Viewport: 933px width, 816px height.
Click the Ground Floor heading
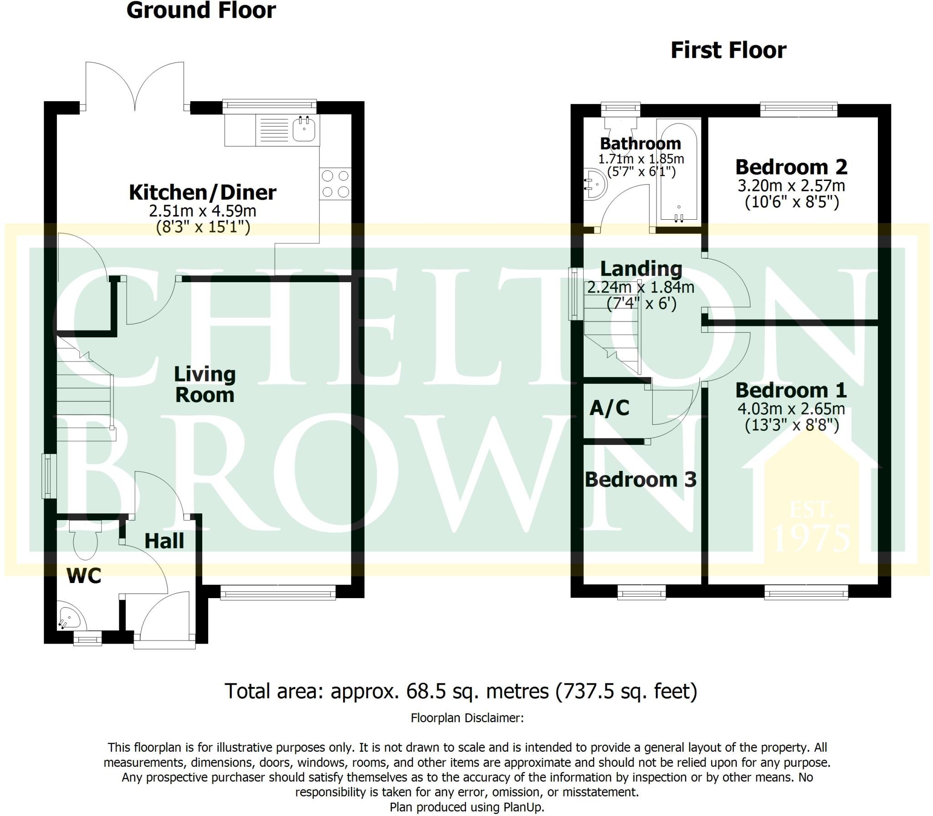(201, 10)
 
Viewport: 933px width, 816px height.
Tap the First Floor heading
(728, 51)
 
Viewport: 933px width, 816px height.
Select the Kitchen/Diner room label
(202, 192)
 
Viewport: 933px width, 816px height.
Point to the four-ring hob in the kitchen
(335, 184)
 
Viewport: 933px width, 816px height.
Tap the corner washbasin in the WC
(70, 618)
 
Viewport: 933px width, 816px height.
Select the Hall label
(164, 541)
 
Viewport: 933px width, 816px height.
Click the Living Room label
(205, 385)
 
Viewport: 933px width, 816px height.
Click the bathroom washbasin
(595, 185)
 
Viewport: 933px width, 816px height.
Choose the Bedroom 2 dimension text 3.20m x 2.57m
(791, 186)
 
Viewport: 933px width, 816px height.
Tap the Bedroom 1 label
(791, 390)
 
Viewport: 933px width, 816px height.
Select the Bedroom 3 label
(640, 480)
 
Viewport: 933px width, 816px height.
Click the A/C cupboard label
(609, 408)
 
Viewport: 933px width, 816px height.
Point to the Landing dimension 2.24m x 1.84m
(641, 287)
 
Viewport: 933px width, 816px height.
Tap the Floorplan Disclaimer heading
(467, 718)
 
